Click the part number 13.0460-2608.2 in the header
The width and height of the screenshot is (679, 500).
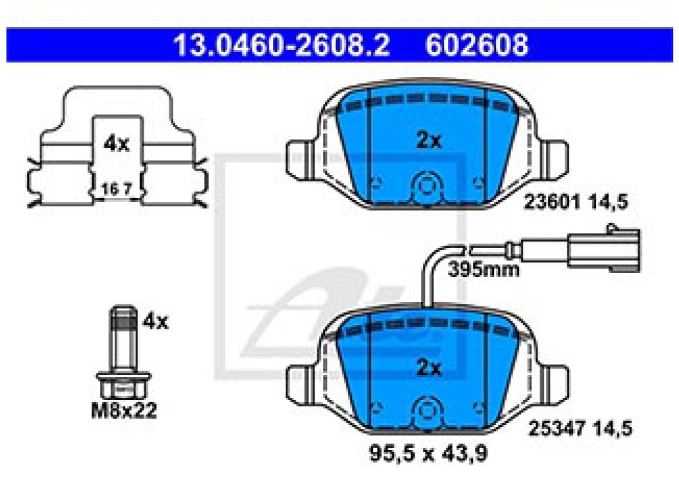point(282,45)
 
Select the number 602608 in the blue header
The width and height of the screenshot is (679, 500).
point(477,45)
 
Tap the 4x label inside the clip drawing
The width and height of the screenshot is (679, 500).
point(117,144)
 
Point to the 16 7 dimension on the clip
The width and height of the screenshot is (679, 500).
point(116,189)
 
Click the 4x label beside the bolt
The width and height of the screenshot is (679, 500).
point(156,321)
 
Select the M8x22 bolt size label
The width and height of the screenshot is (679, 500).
point(124,411)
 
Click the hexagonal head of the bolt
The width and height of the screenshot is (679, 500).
point(124,385)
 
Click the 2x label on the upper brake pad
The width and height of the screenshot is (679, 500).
point(428,140)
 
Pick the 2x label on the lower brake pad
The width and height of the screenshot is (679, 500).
point(428,368)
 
